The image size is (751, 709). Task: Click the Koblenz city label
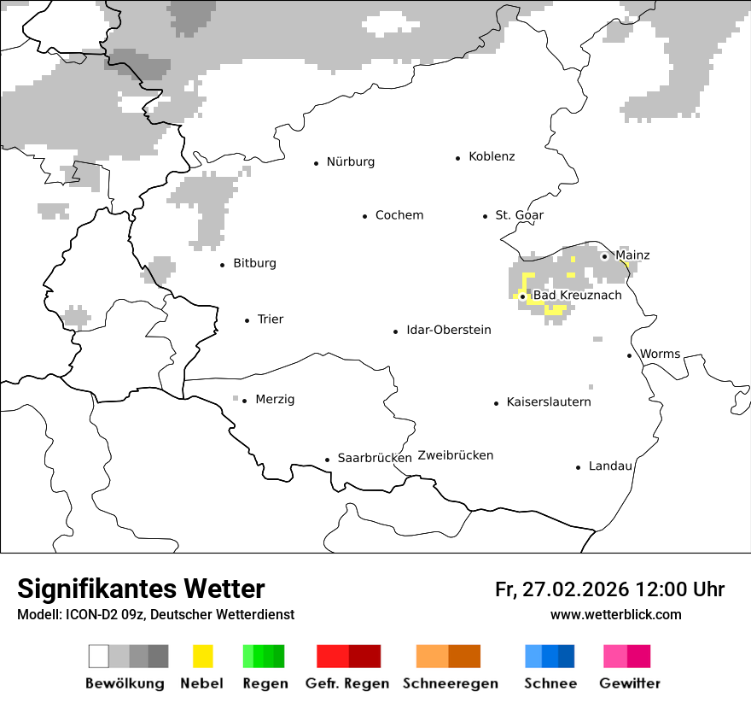[492, 156]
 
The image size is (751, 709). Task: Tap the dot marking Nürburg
[316, 162]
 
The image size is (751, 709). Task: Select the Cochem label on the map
[399, 215]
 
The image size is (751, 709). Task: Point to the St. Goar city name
[519, 215]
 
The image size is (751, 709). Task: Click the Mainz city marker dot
[604, 256]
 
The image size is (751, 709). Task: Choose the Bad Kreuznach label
[577, 296]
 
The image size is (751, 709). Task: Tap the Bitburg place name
[254, 263]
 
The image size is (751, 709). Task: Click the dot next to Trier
[247, 320]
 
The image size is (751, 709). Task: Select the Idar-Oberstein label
[449, 330]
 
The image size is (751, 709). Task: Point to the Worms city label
[660, 354]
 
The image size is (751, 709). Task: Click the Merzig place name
[275, 400]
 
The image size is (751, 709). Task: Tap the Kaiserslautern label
[549, 402]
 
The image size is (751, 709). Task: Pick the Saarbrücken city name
[375, 458]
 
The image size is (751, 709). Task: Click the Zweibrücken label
[456, 455]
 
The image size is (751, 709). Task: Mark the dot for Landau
[578, 467]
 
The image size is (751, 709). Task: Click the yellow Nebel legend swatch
[203, 656]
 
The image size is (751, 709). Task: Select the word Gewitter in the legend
[630, 683]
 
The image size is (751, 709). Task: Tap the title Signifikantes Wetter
[141, 589]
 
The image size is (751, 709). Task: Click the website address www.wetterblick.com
[615, 615]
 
